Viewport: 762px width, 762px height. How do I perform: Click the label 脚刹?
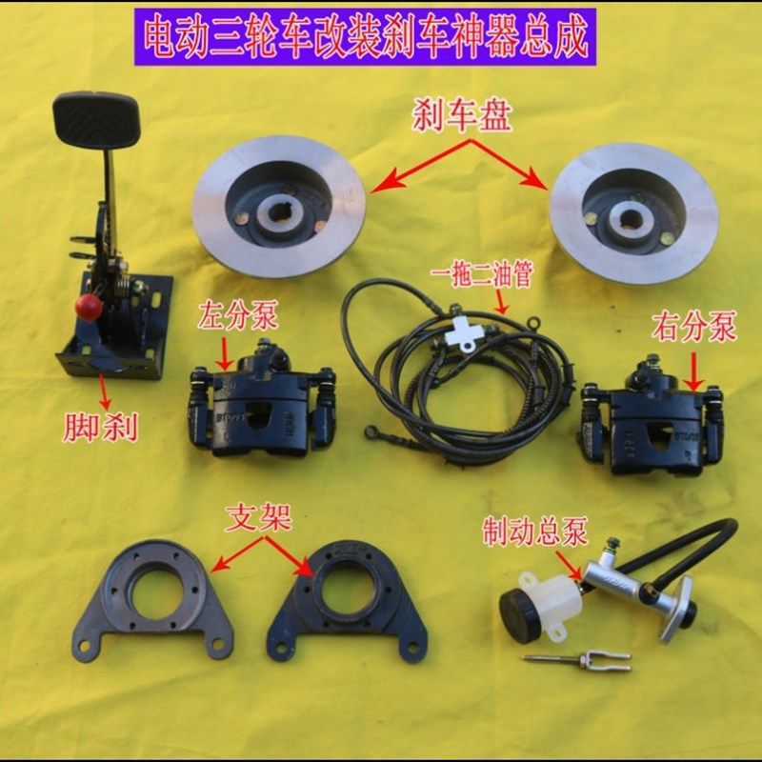tap(101, 427)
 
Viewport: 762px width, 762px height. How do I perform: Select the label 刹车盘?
tap(462, 116)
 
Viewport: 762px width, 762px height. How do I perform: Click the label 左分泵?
tap(238, 315)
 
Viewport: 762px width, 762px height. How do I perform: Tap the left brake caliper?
tap(261, 400)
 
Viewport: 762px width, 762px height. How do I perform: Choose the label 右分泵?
tap(693, 327)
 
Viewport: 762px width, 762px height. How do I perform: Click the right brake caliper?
tap(652, 418)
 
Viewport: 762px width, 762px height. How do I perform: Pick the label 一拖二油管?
tap(482, 274)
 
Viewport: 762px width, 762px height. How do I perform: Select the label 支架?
tap(258, 518)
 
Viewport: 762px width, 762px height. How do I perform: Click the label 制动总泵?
tap(535, 531)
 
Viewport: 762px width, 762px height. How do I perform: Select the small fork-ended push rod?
tap(577, 660)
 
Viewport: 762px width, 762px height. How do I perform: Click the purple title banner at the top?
tap(365, 37)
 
